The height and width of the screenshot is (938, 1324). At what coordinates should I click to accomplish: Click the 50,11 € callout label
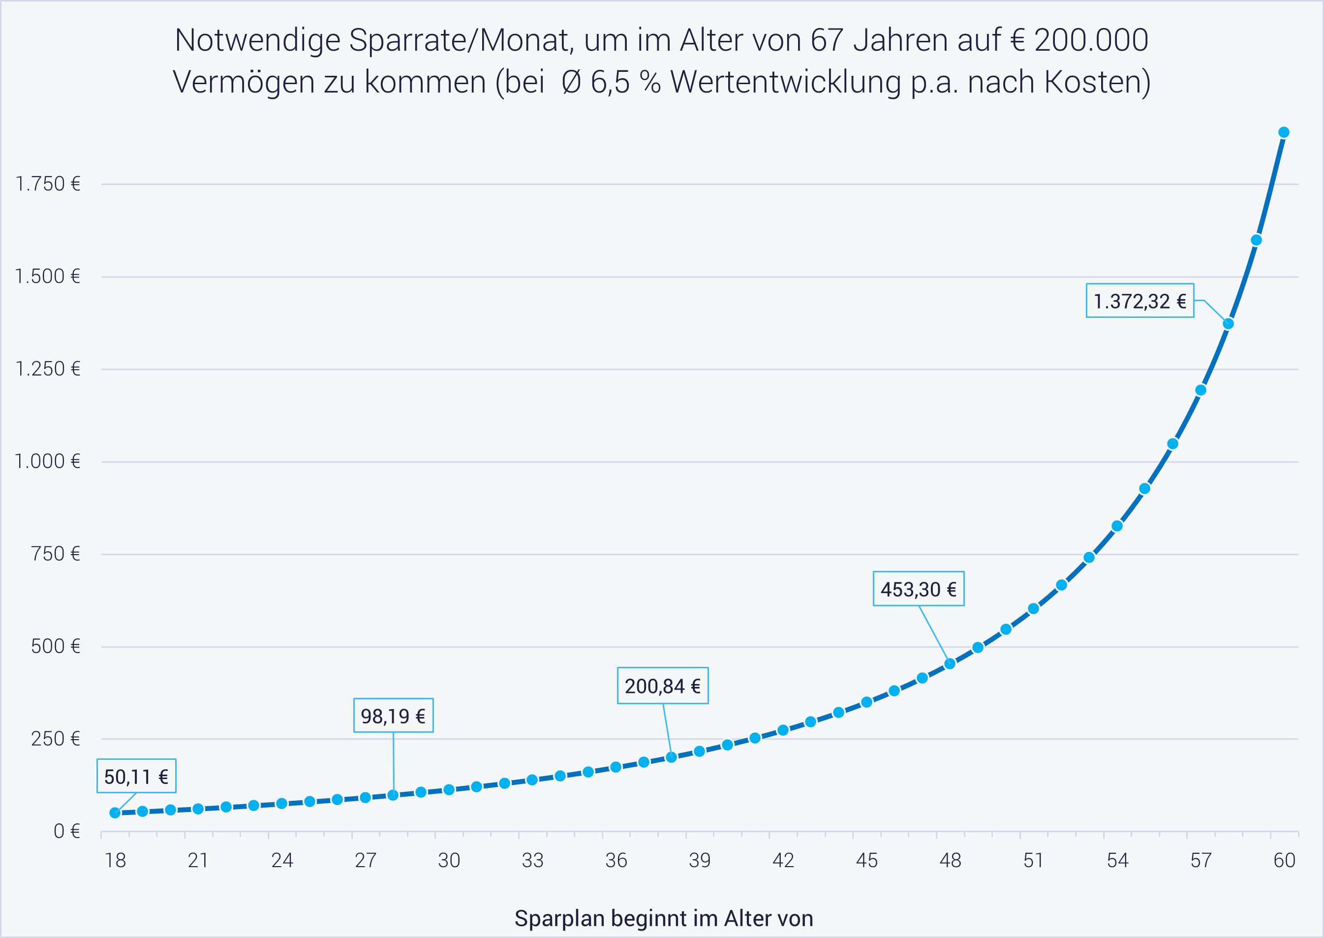click(136, 776)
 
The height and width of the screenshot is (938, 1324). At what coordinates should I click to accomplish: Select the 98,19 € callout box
click(393, 716)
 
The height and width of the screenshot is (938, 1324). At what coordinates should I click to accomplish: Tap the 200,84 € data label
click(662, 686)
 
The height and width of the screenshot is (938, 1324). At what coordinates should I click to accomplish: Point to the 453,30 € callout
click(918, 589)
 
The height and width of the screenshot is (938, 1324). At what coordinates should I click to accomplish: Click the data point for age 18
click(115, 813)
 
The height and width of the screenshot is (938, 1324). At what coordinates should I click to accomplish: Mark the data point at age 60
click(1284, 132)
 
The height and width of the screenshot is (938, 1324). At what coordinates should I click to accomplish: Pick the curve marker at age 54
click(1117, 526)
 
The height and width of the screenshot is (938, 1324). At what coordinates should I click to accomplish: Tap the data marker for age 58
click(1228, 323)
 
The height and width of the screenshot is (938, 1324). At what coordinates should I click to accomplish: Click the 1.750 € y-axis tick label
click(48, 184)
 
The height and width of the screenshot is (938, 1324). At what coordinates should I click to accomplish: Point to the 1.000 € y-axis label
click(47, 462)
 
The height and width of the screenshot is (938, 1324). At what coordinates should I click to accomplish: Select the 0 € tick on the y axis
click(66, 831)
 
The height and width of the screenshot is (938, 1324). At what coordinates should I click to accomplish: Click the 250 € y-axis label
click(56, 739)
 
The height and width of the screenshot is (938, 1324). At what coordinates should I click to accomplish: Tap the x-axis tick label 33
click(532, 861)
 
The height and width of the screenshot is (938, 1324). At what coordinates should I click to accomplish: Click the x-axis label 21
click(198, 861)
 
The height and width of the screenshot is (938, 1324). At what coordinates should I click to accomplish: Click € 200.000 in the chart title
click(1078, 40)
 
